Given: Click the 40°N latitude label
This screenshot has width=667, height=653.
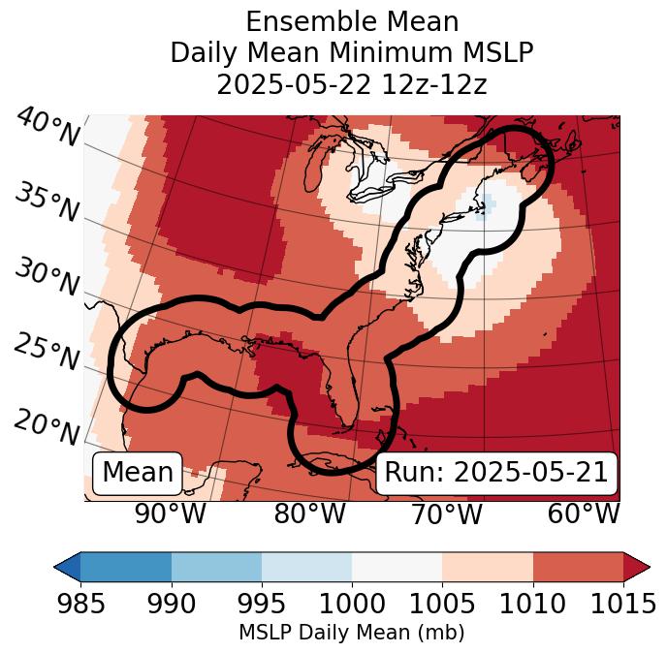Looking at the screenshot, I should point(47,128).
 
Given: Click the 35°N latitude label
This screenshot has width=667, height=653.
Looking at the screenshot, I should point(47,202).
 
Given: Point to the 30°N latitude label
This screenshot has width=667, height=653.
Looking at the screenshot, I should point(47,278).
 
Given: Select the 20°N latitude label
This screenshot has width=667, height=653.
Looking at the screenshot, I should point(47,427).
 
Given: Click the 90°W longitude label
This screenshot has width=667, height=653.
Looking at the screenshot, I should point(170,513).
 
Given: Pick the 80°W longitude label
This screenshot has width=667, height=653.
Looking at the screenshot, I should point(309,513).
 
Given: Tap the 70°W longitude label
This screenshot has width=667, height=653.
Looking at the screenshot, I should point(445,513).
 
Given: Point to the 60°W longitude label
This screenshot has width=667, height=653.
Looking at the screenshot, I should point(583,513).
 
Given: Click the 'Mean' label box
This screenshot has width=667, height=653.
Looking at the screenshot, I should point(138,473).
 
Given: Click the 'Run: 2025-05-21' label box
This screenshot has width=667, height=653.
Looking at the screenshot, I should point(496,473).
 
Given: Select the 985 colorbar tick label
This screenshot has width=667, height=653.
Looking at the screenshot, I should point(80,604).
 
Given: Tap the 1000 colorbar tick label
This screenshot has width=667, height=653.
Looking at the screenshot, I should point(352,604).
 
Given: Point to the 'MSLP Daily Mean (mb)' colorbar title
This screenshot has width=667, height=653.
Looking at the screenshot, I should point(351,633).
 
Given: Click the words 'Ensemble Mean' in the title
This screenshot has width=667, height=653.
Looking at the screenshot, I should point(352,22).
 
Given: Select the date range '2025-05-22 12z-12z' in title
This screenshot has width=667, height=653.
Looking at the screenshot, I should point(352,85).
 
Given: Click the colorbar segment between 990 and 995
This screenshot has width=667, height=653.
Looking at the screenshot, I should point(216,566).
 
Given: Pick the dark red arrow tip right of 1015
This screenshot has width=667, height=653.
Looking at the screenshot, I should point(637,566).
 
